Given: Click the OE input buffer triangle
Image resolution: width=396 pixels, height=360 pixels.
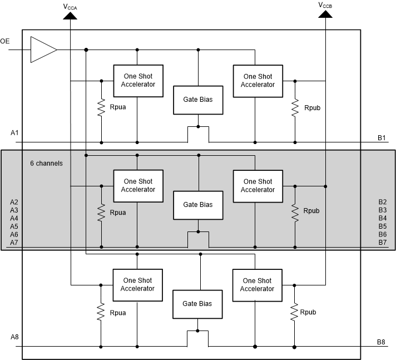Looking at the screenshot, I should point(42,50).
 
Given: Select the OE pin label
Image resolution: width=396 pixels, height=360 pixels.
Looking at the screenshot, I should point(5,41).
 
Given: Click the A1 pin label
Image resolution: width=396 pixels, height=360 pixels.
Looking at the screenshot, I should point(14,133).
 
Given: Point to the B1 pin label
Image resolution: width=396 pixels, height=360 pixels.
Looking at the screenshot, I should point(382,137).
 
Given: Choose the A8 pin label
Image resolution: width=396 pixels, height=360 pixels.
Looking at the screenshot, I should point(14,337).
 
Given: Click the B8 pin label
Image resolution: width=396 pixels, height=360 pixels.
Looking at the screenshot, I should point(382,342).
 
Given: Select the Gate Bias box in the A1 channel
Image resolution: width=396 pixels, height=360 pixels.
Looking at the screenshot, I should point(198,100).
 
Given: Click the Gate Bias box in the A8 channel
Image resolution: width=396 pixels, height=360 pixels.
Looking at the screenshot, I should point(198,304).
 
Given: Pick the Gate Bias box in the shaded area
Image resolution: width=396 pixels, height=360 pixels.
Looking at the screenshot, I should point(198,204).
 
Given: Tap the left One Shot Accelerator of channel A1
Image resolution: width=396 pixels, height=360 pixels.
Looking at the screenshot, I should point(138,80).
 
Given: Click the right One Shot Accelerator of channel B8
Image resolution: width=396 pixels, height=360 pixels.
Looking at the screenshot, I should point(257,285).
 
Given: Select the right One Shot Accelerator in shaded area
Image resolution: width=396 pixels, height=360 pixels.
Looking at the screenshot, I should point(258,185).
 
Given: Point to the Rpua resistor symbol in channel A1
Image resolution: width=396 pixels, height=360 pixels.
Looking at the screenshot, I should point(101,107).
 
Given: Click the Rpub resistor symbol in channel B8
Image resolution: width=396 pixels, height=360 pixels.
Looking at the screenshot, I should point(294,312).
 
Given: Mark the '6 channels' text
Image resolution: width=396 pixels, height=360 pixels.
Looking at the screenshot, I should point(46,164).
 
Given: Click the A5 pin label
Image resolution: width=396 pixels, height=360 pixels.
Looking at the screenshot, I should point(14,226).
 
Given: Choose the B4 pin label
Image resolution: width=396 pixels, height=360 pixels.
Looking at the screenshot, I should point(382,218).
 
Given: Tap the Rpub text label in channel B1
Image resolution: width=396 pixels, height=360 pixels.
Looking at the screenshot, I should point(311,107).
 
